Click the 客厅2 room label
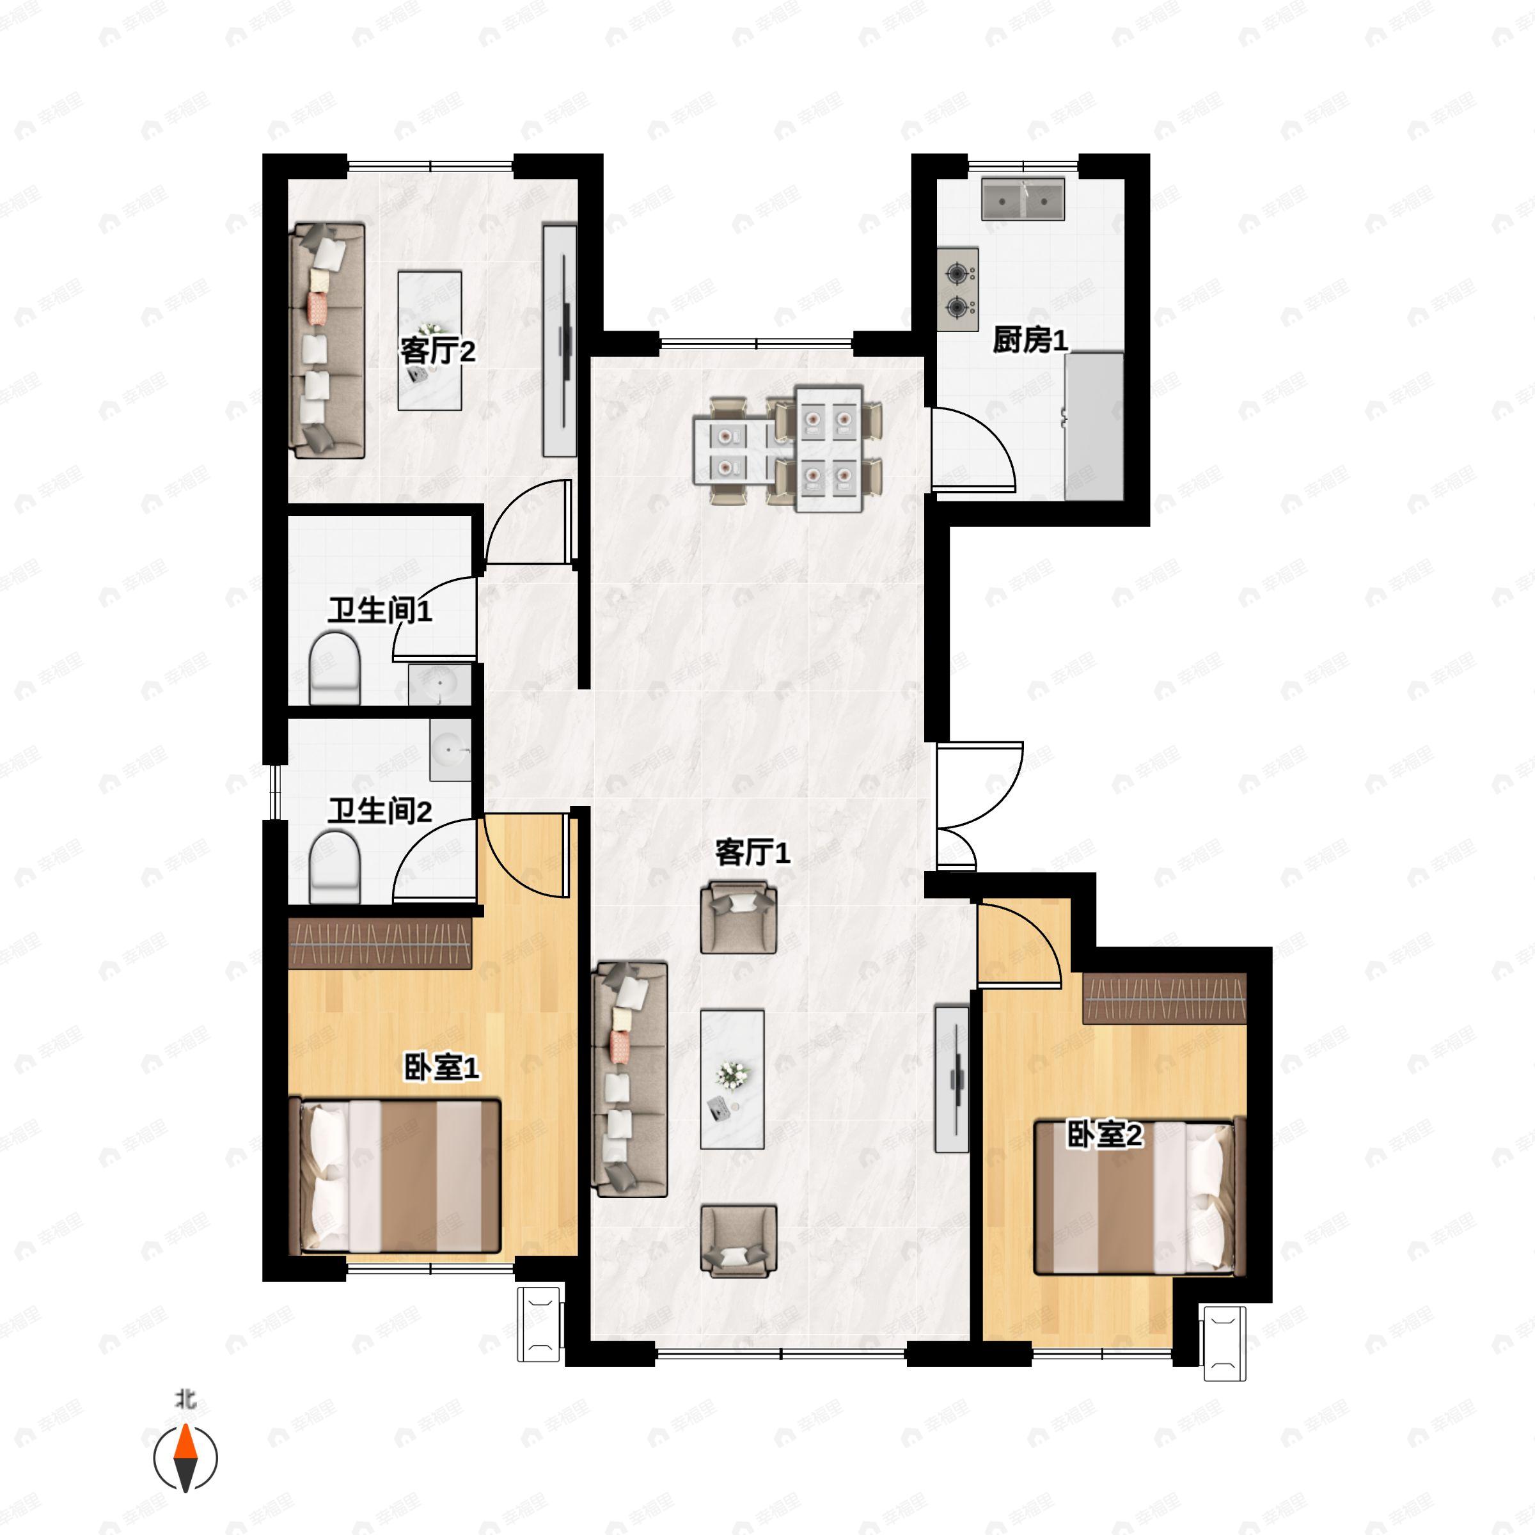point(437,350)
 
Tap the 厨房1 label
point(1030,340)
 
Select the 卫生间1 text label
point(380,610)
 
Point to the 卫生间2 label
point(380,811)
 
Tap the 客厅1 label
point(752,853)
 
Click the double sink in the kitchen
point(1023,199)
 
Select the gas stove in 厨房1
point(957,288)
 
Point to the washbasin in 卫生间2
point(450,750)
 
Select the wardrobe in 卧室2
point(1164,998)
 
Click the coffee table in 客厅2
point(430,341)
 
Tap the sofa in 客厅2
point(327,341)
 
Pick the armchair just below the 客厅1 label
point(738,918)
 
